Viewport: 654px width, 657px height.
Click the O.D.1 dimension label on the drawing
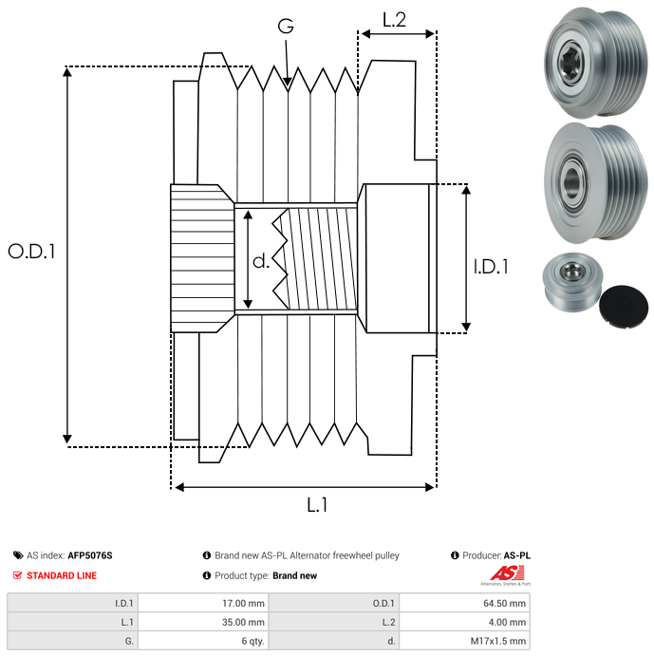coord(31,252)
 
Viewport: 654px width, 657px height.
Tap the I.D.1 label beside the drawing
coord(491,267)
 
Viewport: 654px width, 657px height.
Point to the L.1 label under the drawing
coord(317,505)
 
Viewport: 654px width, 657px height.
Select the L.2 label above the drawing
coord(394,20)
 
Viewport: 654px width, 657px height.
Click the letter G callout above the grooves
coord(286,26)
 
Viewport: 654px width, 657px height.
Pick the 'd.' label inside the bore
coord(261,261)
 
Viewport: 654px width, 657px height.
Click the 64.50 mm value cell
coord(464,603)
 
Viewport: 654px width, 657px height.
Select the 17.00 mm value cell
coord(203,603)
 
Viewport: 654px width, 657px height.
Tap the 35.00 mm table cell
coord(203,622)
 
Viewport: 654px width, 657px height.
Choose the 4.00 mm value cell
coord(464,622)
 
